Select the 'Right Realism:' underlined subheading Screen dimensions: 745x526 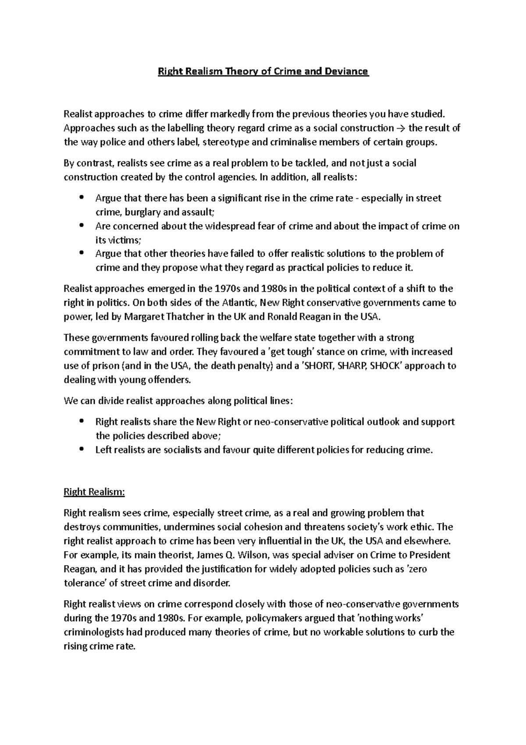(x=94, y=492)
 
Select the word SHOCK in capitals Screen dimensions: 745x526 (x=385, y=366)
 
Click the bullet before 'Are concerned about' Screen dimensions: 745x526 (x=81, y=226)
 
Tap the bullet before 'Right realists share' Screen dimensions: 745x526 (x=81, y=422)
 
